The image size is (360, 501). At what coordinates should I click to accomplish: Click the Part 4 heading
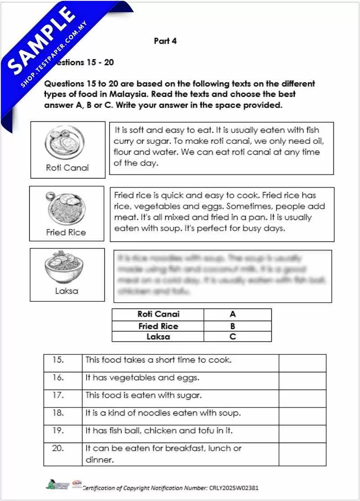pyautogui.click(x=165, y=41)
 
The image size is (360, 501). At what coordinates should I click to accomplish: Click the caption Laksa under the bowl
pyautogui.click(x=67, y=291)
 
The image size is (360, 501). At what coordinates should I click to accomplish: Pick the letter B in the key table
pyautogui.click(x=233, y=326)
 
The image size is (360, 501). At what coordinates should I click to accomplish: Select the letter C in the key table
pyautogui.click(x=233, y=336)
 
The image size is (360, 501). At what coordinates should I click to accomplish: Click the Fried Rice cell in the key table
pyautogui.click(x=158, y=326)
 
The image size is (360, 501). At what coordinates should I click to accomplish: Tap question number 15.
pyautogui.click(x=58, y=360)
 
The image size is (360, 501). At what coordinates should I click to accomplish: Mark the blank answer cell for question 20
pyautogui.click(x=302, y=454)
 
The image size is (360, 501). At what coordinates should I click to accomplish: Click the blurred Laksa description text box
pyautogui.click(x=222, y=275)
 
